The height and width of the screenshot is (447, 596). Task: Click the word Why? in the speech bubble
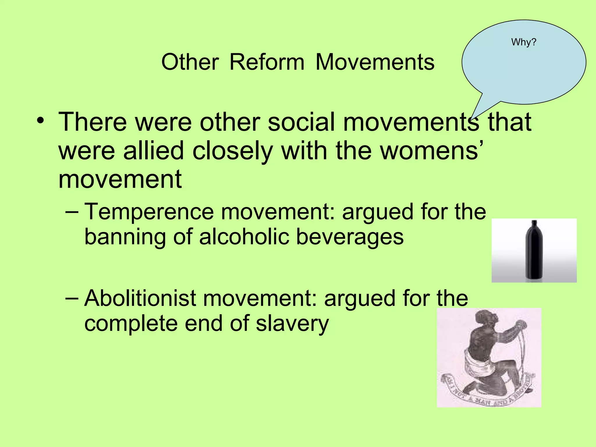[524, 42]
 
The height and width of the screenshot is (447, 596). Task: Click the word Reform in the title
[267, 62]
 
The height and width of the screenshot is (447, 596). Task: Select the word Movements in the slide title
[375, 62]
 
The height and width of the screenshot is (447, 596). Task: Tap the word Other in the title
[190, 62]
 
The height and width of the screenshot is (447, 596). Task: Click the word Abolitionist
[140, 298]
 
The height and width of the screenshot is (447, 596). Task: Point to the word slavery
[292, 324]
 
